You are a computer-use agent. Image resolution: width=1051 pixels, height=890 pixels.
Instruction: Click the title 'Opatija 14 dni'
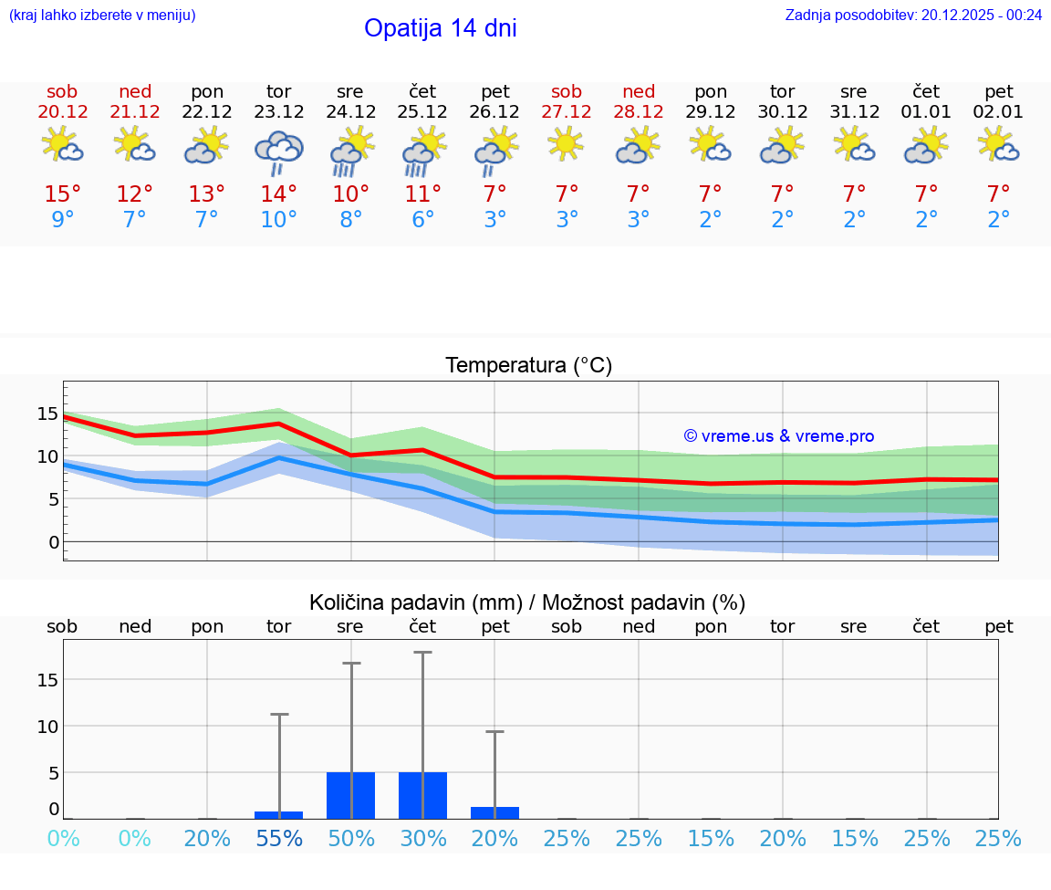440,28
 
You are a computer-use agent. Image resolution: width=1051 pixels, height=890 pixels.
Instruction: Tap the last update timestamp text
913,16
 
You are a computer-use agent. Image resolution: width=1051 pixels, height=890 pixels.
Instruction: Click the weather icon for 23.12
278,152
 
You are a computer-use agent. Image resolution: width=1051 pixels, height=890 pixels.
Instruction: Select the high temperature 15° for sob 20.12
62,194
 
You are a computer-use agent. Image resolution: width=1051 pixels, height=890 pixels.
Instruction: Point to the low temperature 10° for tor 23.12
278,220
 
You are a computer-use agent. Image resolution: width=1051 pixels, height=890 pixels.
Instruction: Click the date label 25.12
422,112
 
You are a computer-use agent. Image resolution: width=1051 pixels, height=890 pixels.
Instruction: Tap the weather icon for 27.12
567,144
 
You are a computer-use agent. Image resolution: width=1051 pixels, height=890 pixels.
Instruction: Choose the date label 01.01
926,112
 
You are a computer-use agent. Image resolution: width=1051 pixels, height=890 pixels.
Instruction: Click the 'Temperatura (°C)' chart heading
528,366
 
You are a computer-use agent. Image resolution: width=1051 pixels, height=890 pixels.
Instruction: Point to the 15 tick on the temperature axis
47,414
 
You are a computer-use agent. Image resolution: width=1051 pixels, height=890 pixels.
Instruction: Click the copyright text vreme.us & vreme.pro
778,436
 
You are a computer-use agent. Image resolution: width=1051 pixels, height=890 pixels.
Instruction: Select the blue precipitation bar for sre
350,795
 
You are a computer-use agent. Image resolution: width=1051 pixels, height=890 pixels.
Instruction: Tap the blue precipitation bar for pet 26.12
494,812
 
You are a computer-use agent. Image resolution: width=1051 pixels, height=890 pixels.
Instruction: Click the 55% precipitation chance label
278,839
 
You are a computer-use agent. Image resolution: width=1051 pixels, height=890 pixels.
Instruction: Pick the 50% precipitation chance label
350,839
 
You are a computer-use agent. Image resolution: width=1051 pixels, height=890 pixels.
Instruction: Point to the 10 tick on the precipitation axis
47,727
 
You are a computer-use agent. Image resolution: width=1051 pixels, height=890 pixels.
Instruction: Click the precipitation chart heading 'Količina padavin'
527,602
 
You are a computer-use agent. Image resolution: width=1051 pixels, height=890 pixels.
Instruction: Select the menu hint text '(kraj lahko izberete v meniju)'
102,16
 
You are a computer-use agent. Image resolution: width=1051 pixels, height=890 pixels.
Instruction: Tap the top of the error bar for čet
422,653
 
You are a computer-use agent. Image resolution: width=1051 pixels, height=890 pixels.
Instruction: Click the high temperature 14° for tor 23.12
278,194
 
